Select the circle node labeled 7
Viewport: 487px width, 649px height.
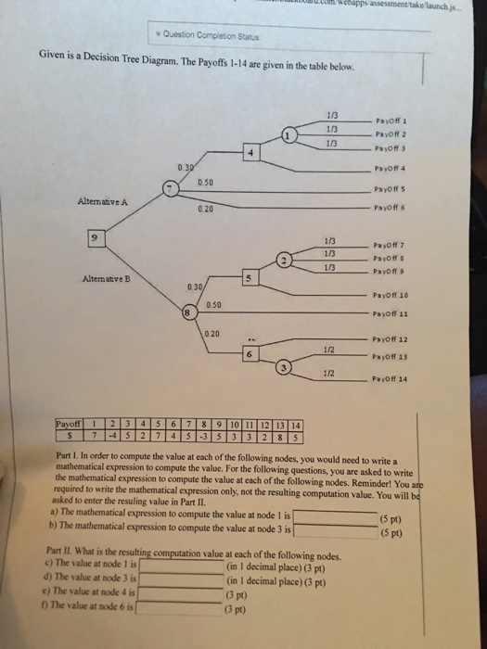(168, 190)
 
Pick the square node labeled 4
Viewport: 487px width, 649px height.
(249, 151)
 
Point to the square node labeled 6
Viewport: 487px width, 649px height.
(249, 354)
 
